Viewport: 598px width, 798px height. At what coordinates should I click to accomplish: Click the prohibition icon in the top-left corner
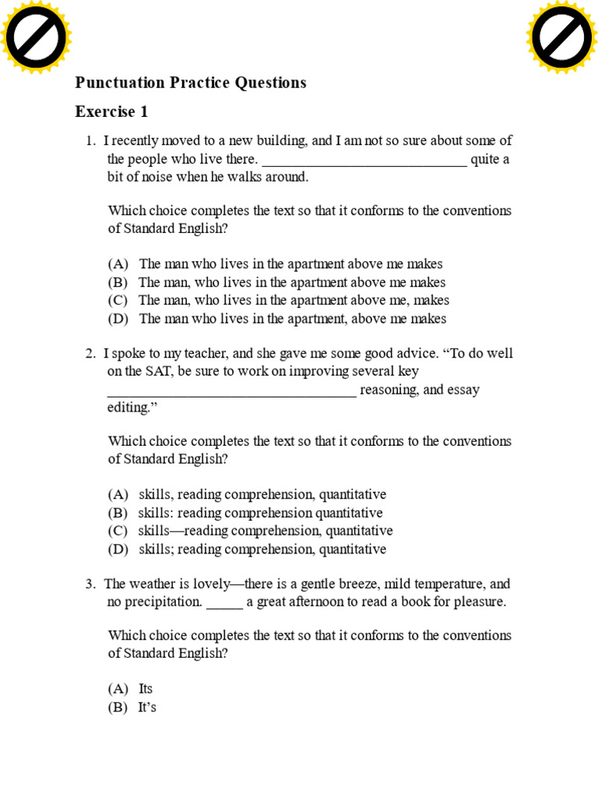click(x=36, y=37)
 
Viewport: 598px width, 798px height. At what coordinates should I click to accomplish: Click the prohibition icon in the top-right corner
click(x=561, y=37)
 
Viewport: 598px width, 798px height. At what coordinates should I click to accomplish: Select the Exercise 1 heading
click(x=111, y=112)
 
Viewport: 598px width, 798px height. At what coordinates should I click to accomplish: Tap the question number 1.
click(x=90, y=141)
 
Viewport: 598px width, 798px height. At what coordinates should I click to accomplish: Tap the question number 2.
click(x=90, y=354)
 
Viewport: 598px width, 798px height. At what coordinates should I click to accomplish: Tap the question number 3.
click(x=90, y=584)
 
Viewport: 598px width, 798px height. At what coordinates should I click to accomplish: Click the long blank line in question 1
click(x=364, y=162)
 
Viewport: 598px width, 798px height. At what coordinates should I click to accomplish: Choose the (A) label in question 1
click(x=118, y=265)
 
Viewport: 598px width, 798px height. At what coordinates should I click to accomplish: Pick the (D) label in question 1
click(x=118, y=319)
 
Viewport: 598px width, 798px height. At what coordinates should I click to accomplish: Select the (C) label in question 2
click(x=118, y=531)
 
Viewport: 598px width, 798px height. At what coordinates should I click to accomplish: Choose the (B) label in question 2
click(x=118, y=514)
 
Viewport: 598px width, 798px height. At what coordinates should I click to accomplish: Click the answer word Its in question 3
click(x=146, y=689)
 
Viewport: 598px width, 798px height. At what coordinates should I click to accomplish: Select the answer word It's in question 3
click(x=147, y=708)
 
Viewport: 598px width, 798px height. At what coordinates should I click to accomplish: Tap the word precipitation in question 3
click(x=153, y=602)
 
